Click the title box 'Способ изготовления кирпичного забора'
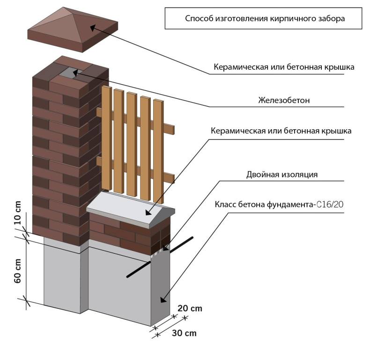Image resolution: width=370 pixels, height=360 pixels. [x=265, y=19]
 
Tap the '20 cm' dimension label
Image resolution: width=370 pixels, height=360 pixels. [x=190, y=309]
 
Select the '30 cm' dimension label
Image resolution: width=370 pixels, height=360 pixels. [x=184, y=333]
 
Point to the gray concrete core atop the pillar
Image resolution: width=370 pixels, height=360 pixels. [x=70, y=72]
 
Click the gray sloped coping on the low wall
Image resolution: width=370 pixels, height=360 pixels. [x=131, y=211]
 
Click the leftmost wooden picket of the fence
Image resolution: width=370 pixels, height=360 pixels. [x=107, y=140]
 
